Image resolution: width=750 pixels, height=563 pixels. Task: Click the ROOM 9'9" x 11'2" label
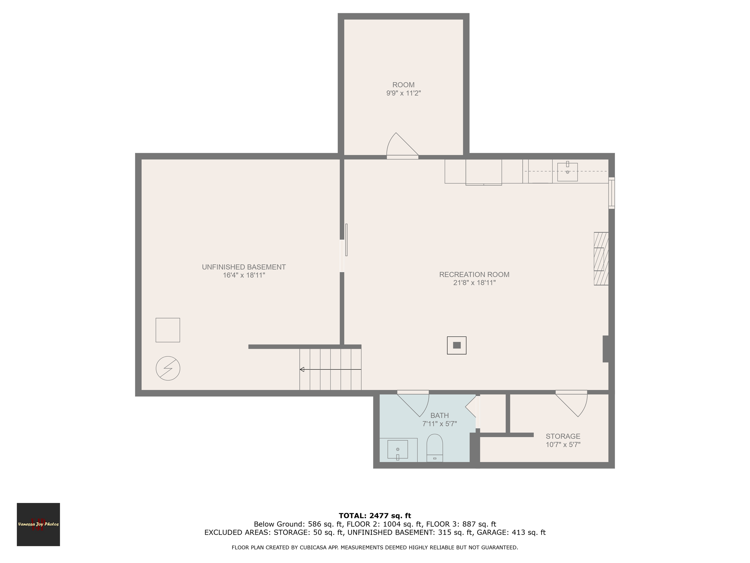[x=403, y=89]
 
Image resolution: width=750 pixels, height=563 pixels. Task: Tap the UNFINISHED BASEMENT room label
[x=244, y=271]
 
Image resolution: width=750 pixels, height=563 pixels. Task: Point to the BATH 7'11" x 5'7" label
[x=439, y=419]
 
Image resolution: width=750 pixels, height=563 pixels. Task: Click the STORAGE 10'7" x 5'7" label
[x=563, y=440]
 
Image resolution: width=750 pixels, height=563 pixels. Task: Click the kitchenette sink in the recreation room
[x=567, y=172]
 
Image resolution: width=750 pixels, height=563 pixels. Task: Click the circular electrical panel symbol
[x=168, y=368]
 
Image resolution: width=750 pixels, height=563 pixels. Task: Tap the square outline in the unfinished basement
[x=167, y=330]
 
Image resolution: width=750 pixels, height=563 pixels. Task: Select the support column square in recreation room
[x=456, y=345]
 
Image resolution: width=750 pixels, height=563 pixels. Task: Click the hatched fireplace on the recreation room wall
[x=601, y=259]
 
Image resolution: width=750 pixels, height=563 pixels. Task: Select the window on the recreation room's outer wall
[x=611, y=193]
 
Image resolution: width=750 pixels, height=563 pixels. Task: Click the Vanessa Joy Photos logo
[x=38, y=524]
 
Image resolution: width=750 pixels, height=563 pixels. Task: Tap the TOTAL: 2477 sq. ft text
[x=375, y=516]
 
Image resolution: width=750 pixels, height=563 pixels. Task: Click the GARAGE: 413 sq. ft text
[x=511, y=532]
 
